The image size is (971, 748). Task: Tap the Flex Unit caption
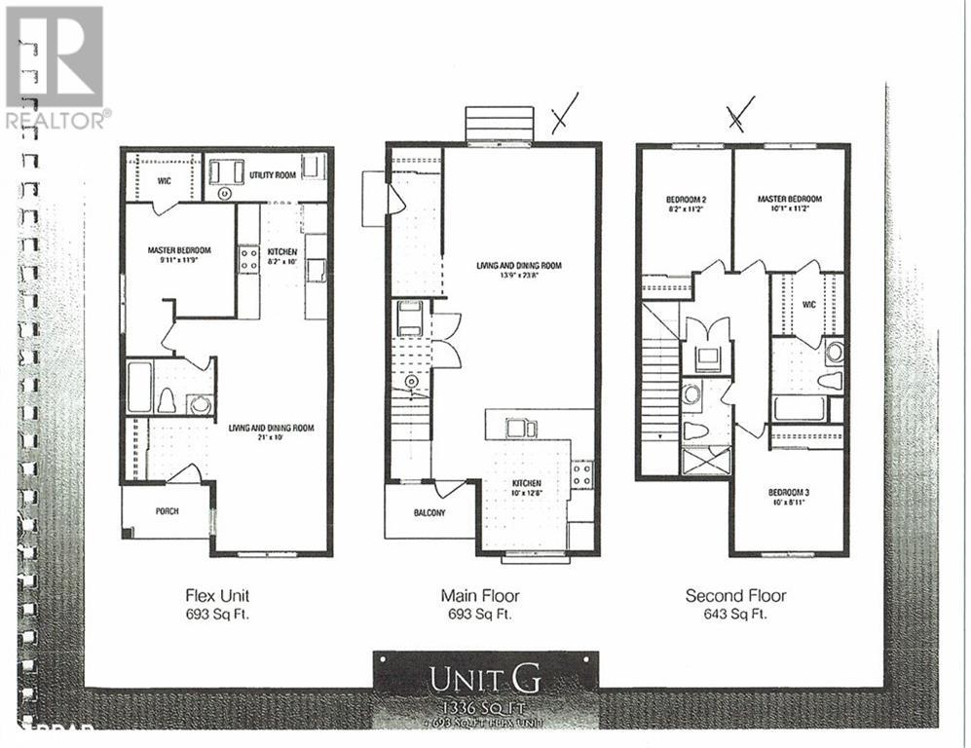224,595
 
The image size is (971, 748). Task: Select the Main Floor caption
480,595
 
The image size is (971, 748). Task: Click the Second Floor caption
735,595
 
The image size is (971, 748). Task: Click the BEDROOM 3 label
788,492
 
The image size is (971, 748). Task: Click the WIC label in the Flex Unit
165,180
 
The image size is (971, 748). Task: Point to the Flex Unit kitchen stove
249,257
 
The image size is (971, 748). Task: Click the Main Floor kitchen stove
581,474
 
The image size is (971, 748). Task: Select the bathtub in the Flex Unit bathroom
139,387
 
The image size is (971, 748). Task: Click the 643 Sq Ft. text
735,614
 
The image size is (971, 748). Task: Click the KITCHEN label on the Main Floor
527,483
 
